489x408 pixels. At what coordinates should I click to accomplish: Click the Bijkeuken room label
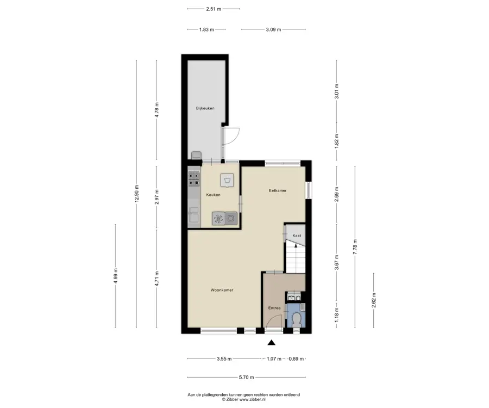205,108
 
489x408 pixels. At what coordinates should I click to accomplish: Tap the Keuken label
213,195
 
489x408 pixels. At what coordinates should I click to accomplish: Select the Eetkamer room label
278,190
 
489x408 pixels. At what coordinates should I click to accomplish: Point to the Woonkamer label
222,290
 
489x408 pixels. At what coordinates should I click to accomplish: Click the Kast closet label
297,236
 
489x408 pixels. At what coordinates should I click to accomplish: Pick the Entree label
274,308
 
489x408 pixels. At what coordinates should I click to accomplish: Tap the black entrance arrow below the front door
272,343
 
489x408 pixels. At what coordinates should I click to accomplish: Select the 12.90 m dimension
136,194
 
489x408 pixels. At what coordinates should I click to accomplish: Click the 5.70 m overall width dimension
246,378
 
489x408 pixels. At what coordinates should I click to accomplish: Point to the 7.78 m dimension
355,247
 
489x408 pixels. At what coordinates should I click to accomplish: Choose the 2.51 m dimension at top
214,9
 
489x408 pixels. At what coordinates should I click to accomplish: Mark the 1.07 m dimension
274,359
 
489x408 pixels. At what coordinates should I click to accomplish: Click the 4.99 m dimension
115,276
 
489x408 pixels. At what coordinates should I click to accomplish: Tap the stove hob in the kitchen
193,179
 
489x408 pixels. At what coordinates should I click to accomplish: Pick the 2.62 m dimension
374,300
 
